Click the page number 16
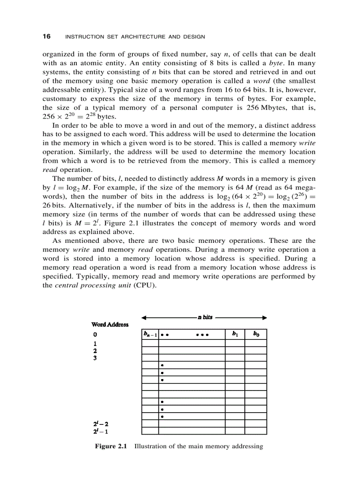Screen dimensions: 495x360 click(x=46, y=36)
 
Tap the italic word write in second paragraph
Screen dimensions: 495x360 click(x=307, y=143)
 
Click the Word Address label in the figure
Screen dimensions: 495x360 click(x=110, y=324)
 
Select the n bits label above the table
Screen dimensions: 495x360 click(x=205, y=317)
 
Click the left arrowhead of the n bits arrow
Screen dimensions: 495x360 click(x=143, y=317)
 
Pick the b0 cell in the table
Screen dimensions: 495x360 click(x=256, y=334)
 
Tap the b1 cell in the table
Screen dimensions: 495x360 click(x=235, y=334)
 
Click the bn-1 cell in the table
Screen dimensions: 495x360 click(x=150, y=334)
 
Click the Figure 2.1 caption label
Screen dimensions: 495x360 click(x=111, y=446)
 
